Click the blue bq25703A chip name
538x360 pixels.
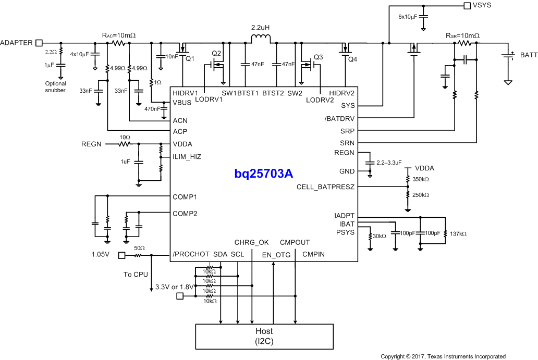263,173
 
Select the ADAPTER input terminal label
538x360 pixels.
17,42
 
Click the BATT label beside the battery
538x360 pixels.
528,55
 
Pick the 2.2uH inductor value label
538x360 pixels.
260,27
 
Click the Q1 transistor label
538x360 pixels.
190,58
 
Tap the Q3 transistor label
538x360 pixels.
318,57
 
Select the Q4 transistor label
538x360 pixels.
353,59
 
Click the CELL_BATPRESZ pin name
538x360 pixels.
325,187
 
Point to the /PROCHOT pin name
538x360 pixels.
190,254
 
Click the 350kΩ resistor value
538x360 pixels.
420,179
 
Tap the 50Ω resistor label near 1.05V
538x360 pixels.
139,248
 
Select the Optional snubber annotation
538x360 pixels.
55,87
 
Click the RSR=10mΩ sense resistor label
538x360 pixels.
462,36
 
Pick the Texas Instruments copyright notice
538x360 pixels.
443,356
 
